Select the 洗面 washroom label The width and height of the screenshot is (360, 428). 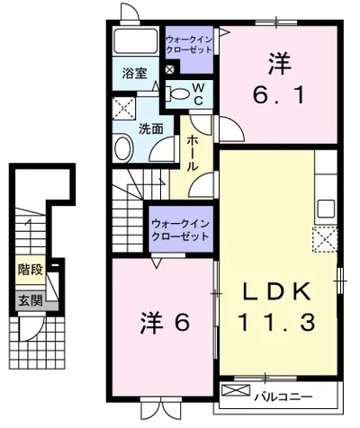click(x=150, y=129)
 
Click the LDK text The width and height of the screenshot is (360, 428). click(x=278, y=291)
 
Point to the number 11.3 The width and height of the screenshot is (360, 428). click(x=278, y=320)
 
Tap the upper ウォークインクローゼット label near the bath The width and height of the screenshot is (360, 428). click(x=189, y=44)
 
